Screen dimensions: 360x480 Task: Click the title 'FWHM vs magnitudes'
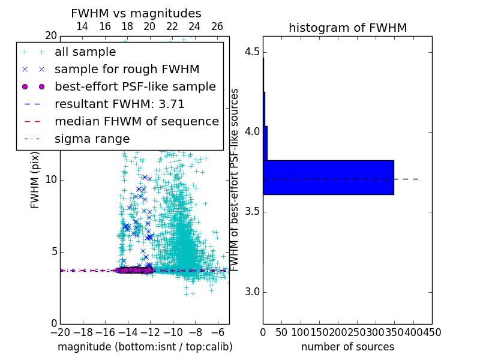pyautogui.click(x=136, y=14)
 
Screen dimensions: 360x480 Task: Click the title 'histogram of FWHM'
pyautogui.click(x=347, y=28)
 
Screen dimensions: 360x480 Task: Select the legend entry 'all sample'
pyautogui.click(x=86, y=52)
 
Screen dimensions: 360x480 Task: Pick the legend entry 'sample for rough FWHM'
pyautogui.click(x=127, y=69)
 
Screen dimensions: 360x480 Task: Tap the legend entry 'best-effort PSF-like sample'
pyautogui.click(x=135, y=86)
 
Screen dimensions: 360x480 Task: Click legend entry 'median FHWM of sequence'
pyautogui.click(x=136, y=121)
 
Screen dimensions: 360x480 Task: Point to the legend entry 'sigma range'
pyautogui.click(x=92, y=139)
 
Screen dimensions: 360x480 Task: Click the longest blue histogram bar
pyautogui.click(x=328, y=178)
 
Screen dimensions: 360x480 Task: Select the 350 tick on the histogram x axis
pyautogui.click(x=394, y=332)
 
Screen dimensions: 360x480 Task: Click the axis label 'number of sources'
pyautogui.click(x=347, y=347)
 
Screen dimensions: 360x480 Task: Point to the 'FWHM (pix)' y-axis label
pyautogui.click(x=35, y=179)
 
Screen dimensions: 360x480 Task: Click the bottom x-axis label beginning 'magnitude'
pyautogui.click(x=145, y=347)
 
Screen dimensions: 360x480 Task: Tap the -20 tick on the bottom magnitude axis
pyautogui.click(x=60, y=332)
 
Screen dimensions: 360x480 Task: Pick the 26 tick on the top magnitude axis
pyautogui.click(x=217, y=26)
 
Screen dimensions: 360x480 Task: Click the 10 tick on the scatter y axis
pyautogui.click(x=50, y=180)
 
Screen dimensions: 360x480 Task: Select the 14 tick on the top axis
pyautogui.click(x=82, y=26)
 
